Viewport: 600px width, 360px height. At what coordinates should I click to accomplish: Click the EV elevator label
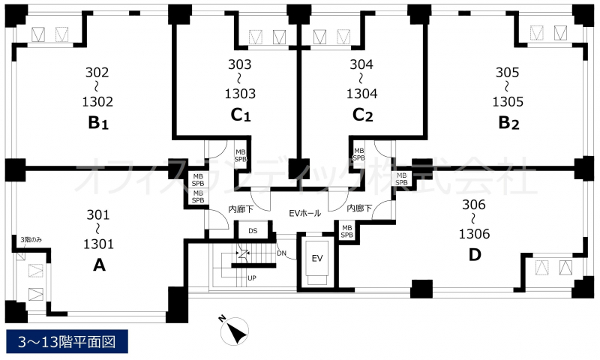click(x=316, y=259)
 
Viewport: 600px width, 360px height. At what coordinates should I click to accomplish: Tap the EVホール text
click(x=304, y=213)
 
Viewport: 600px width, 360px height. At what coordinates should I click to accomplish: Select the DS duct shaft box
click(x=253, y=230)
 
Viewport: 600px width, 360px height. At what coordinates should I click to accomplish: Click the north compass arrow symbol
click(x=234, y=331)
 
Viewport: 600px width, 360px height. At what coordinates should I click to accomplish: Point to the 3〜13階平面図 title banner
click(x=67, y=341)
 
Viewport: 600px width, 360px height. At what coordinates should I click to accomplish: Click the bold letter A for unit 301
click(x=99, y=265)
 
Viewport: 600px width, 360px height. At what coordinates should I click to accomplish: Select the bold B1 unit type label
click(x=98, y=123)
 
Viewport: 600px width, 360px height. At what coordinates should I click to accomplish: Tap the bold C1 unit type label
click(x=241, y=115)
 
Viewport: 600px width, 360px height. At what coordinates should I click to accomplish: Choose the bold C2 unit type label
click(x=362, y=115)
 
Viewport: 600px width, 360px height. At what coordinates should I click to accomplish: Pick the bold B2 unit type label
click(x=508, y=123)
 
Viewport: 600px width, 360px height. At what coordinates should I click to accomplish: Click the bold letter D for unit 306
click(x=475, y=255)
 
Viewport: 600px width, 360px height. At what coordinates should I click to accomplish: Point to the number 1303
click(x=240, y=94)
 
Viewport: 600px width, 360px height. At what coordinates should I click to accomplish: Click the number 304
click(x=361, y=64)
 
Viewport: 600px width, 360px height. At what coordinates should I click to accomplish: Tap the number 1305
click(x=508, y=102)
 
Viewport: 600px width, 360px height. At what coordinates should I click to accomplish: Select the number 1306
click(x=474, y=234)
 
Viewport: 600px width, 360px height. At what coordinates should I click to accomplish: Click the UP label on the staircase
click(x=251, y=278)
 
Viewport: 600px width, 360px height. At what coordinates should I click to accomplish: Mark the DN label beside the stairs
click(x=281, y=253)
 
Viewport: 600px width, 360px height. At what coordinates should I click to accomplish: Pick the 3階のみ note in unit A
click(x=31, y=240)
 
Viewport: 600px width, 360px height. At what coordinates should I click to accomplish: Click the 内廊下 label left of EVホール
click(x=241, y=209)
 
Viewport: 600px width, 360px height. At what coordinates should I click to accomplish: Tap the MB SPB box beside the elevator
click(x=346, y=232)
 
